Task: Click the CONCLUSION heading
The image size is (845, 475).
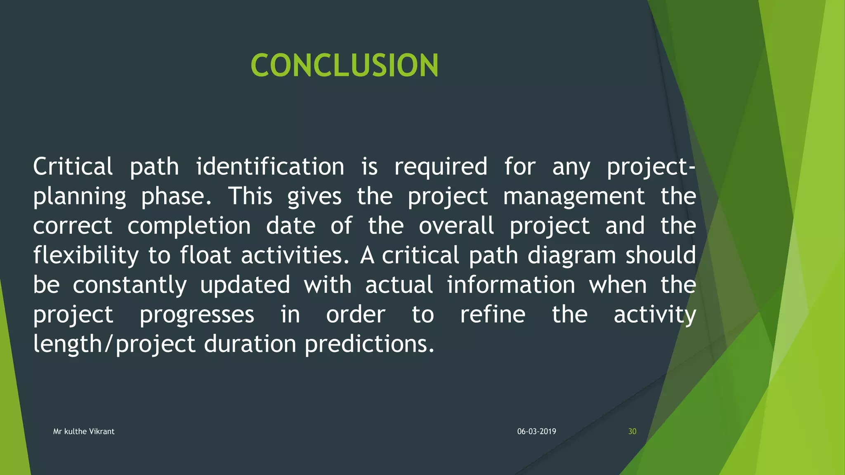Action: (x=345, y=66)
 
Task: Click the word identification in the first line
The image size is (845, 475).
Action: (x=270, y=167)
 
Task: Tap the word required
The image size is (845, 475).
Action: (x=441, y=167)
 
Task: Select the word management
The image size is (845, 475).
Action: (x=574, y=197)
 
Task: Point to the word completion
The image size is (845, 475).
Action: (x=189, y=226)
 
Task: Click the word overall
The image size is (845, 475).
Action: (x=456, y=226)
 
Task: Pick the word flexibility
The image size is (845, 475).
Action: (x=86, y=256)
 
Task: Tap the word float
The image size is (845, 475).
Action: (x=205, y=255)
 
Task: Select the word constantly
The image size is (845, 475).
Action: (x=130, y=285)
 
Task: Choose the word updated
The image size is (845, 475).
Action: (x=245, y=285)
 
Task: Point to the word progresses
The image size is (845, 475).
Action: (x=197, y=315)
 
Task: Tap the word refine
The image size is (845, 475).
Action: (x=493, y=315)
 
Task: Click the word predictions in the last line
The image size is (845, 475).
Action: (x=369, y=344)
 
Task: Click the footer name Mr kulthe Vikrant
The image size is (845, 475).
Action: (x=84, y=431)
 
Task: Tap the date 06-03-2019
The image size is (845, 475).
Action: (x=536, y=431)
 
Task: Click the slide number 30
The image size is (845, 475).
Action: (x=632, y=431)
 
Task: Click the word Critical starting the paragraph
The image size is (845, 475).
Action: (x=73, y=167)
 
